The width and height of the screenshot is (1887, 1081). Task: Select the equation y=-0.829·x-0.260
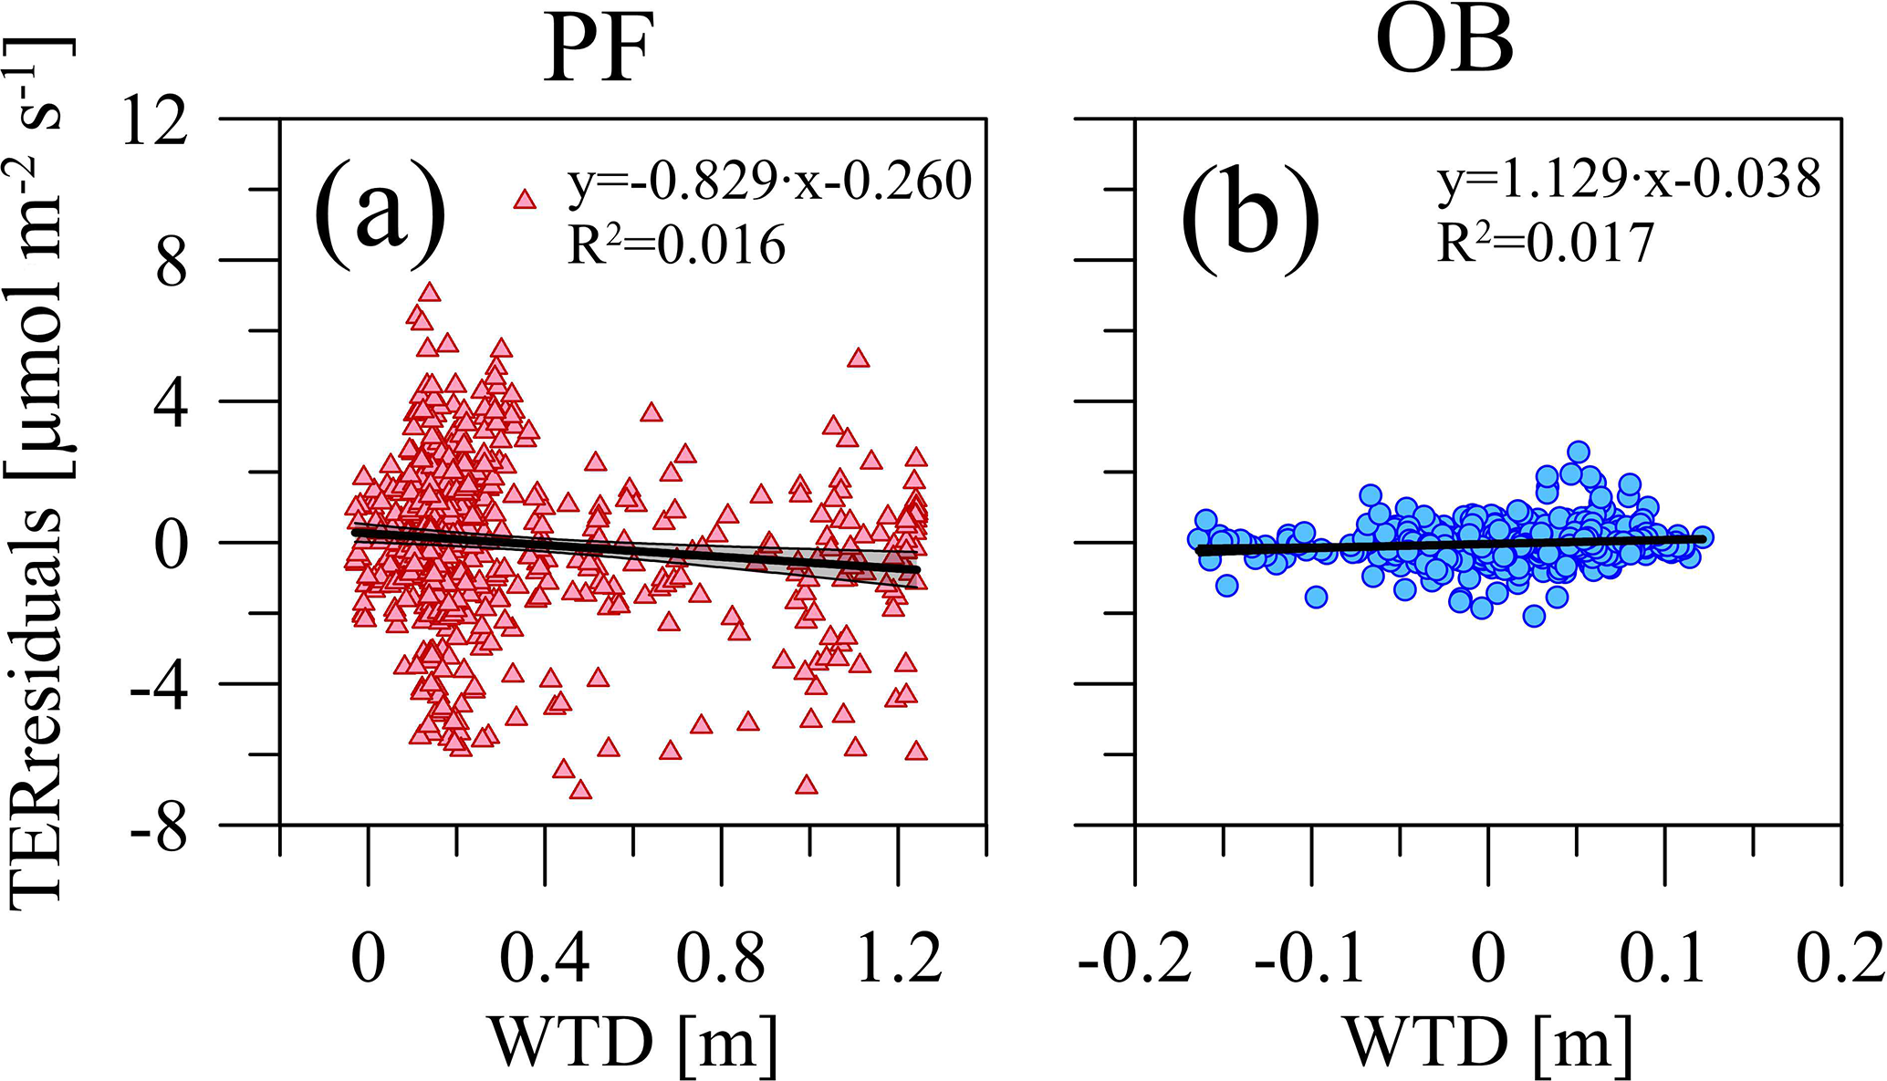pos(769,181)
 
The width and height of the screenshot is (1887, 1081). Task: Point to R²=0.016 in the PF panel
pos(676,244)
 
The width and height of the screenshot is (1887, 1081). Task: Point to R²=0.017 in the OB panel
pos(1546,243)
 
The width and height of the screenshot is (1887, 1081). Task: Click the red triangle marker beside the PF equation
pos(524,199)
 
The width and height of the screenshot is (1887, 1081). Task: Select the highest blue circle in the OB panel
pos(1579,452)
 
